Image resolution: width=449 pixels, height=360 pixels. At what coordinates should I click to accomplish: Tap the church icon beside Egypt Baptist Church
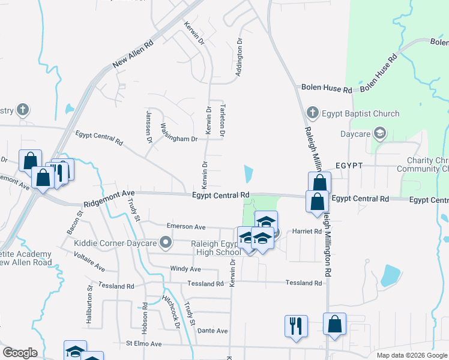click(312, 113)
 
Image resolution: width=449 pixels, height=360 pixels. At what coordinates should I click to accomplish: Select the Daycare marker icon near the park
click(379, 133)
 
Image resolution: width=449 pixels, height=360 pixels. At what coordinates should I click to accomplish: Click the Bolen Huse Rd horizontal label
click(326, 89)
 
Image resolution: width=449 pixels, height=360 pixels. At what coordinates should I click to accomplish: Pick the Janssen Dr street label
click(149, 127)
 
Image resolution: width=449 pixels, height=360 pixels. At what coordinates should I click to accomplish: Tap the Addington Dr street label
click(239, 58)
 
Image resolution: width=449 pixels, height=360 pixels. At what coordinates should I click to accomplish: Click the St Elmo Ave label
click(143, 344)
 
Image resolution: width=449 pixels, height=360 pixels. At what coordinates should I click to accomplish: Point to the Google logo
click(20, 353)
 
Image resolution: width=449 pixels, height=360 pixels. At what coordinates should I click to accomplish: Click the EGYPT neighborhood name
click(349, 164)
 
